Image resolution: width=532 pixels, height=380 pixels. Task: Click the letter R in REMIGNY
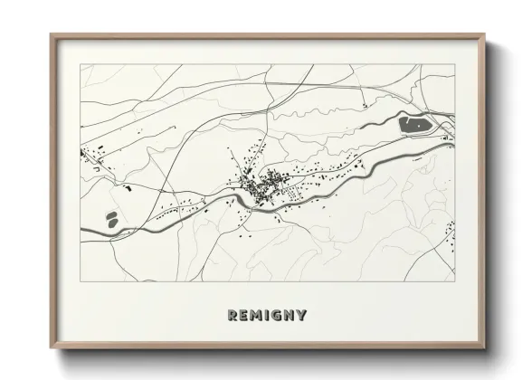[233, 315]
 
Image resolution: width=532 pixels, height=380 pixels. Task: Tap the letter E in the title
[245, 315]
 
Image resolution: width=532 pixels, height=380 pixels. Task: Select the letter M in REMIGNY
[258, 315]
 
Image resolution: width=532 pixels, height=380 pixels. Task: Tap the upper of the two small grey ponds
[112, 215]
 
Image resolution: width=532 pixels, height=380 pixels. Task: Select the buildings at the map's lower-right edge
[451, 230]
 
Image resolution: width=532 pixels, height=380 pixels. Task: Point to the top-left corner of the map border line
[81, 64]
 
